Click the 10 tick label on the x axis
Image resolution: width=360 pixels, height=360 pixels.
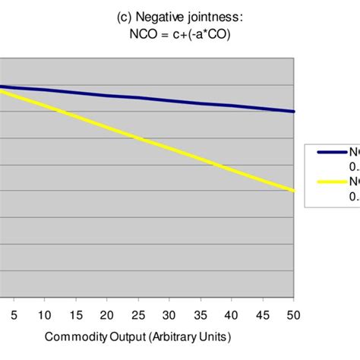click(x=45, y=314)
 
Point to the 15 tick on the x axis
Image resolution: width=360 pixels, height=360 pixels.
click(x=76, y=314)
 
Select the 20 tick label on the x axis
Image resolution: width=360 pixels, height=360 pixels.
click(x=107, y=314)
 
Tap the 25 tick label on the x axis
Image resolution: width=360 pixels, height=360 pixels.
click(x=138, y=314)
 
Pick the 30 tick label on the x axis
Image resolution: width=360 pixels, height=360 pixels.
click(x=169, y=314)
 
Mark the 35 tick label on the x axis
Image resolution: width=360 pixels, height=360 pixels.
click(x=201, y=314)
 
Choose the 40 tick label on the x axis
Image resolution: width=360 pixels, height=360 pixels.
click(x=232, y=314)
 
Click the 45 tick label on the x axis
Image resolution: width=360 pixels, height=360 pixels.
click(x=263, y=314)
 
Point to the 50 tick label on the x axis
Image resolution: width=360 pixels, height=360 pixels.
click(x=292, y=314)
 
